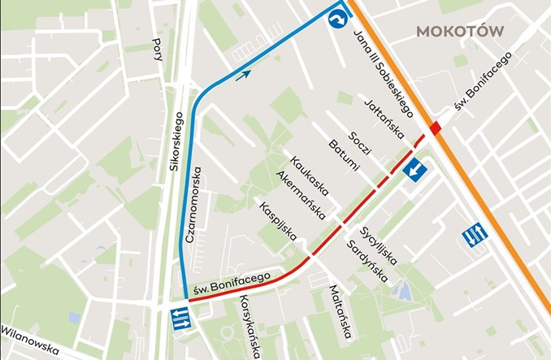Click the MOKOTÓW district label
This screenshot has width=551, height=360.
pyautogui.click(x=460, y=31)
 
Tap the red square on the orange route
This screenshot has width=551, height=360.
pyautogui.click(x=436, y=127)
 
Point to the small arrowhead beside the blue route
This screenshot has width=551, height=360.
pyautogui.click(x=242, y=76)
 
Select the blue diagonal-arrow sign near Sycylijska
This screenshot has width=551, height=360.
pyautogui.click(x=417, y=171)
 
